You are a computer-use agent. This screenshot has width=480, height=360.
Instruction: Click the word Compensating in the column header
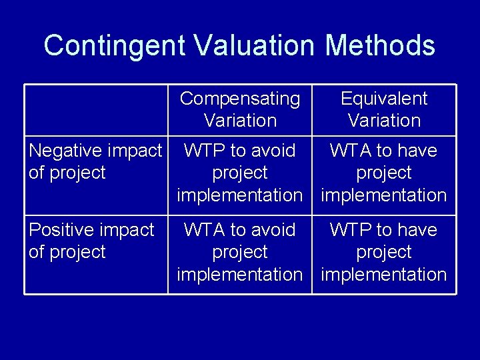(x=240, y=99)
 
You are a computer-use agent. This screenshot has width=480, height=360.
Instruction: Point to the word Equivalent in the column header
(x=384, y=99)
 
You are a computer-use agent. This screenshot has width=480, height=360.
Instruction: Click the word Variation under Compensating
(x=240, y=121)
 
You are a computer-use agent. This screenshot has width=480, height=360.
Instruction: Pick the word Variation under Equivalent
(x=384, y=121)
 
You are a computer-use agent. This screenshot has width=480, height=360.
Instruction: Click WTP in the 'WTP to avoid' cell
(x=204, y=151)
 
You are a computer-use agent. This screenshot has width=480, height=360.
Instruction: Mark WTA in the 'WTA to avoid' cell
(x=204, y=230)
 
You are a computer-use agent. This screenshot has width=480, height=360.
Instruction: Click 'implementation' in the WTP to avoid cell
(x=240, y=195)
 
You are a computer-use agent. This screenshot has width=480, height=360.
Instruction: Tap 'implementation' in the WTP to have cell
(x=384, y=274)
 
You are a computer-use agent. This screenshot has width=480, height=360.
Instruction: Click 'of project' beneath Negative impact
(x=67, y=173)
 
